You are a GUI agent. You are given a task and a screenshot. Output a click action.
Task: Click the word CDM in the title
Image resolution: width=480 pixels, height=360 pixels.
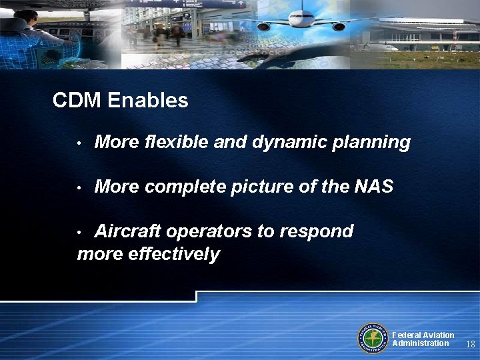(x=76, y=101)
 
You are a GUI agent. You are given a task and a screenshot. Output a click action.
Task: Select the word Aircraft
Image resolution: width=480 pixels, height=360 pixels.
(x=127, y=231)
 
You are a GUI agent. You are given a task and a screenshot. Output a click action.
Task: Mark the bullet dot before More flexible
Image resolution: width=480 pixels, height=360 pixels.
(x=79, y=143)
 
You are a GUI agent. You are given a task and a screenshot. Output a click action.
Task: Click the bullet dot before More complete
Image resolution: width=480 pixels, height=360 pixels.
(x=79, y=189)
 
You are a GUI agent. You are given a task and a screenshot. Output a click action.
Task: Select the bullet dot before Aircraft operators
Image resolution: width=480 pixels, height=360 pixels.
(x=79, y=233)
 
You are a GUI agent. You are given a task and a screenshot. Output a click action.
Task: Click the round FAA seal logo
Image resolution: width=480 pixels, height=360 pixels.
(x=373, y=339)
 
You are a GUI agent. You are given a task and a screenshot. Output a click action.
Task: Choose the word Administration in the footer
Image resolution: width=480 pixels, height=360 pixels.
(x=420, y=343)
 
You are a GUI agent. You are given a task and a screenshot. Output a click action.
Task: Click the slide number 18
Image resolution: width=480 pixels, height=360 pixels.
(x=470, y=344)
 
